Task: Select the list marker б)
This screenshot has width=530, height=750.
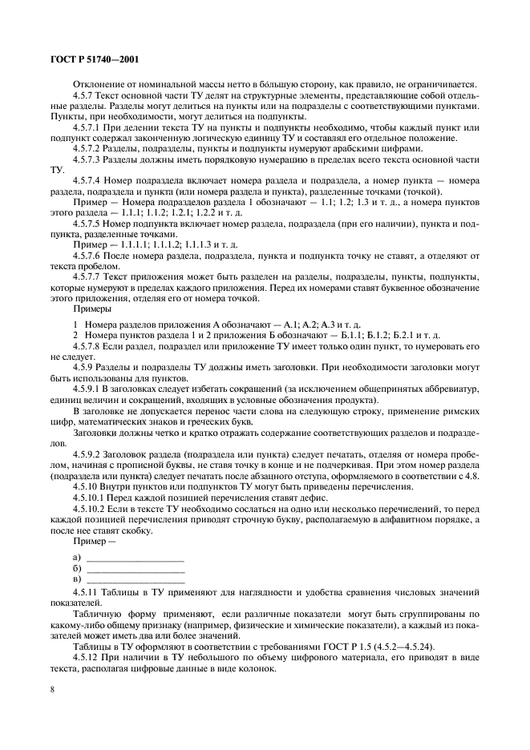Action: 77,568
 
